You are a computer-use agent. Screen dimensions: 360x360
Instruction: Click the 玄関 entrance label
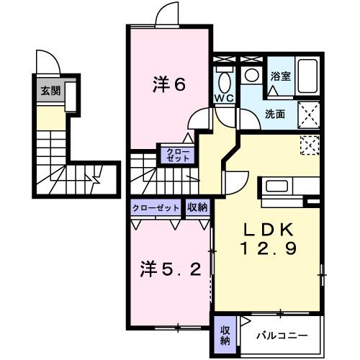[50, 91]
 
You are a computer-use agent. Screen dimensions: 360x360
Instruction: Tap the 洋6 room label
[169, 84]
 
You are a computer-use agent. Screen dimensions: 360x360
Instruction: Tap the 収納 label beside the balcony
[225, 334]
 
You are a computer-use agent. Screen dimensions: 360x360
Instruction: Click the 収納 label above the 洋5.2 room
[197, 207]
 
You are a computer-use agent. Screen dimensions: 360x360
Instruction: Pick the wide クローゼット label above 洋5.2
[156, 207]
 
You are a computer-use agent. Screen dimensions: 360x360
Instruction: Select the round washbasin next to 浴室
[251, 75]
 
